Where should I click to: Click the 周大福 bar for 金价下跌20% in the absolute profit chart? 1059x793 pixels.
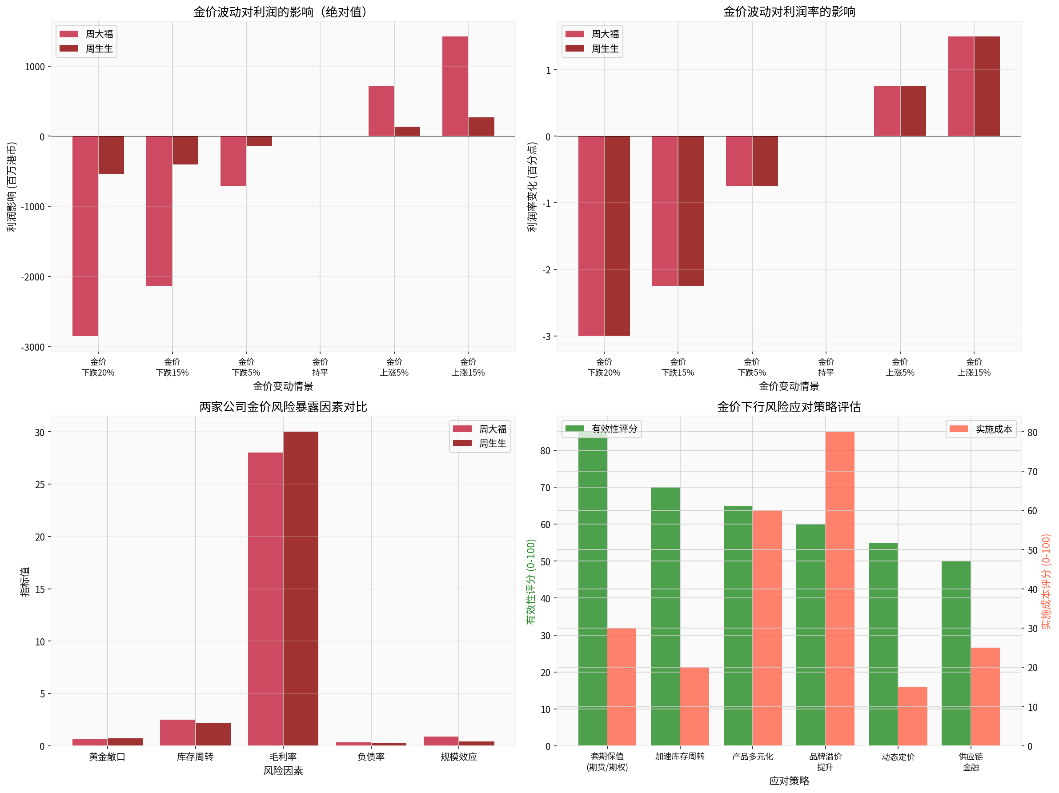pos(85,236)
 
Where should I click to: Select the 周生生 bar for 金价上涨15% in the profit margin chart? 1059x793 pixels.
pos(987,86)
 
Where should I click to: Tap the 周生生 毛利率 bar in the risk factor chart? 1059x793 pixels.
pos(301,588)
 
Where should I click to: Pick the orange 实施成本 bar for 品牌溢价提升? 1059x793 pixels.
pos(840,588)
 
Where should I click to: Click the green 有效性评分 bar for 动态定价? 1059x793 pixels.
pos(883,644)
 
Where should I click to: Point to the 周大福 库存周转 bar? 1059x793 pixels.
pos(178,732)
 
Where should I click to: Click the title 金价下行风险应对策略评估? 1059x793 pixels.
pos(789,407)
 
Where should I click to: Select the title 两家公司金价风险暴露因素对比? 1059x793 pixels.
pos(283,407)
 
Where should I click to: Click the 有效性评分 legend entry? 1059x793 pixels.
pos(602,429)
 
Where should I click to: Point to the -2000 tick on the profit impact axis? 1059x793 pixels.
pos(32,277)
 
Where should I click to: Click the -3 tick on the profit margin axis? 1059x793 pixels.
pos(546,336)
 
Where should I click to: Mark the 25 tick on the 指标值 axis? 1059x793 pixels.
pos(39,485)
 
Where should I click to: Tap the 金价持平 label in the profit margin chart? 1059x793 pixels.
pos(826,367)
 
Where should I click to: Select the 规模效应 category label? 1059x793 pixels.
pos(459,757)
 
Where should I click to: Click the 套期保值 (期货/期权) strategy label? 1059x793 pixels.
pos(607,761)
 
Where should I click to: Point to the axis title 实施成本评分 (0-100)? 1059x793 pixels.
pos(1046,581)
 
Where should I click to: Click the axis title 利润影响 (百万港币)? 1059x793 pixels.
pos(12,187)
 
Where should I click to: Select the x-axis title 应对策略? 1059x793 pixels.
pos(789,781)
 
